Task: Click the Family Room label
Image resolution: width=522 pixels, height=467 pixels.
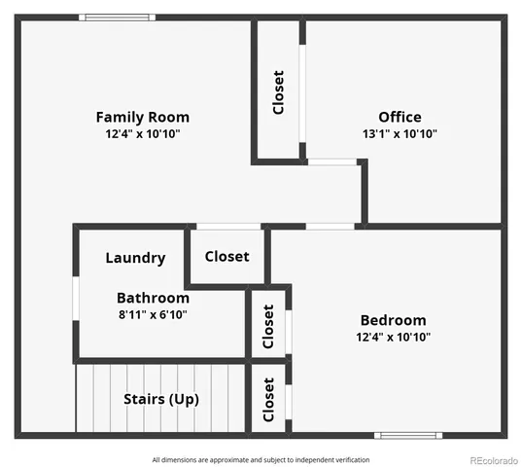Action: click(142, 117)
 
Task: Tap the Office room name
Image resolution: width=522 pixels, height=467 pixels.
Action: click(400, 117)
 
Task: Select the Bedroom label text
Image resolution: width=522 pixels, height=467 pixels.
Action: click(393, 320)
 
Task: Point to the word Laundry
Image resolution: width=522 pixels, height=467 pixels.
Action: click(135, 258)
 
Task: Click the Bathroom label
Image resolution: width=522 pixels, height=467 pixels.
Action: click(153, 298)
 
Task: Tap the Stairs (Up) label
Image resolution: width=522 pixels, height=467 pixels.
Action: click(161, 399)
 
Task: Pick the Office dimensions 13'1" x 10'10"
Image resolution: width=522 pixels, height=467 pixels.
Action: click(400, 133)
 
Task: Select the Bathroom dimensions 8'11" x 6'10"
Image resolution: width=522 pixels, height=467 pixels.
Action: click(153, 314)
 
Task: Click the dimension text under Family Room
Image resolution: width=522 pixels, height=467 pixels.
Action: click(142, 133)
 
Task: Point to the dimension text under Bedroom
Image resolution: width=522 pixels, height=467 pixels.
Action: click(393, 337)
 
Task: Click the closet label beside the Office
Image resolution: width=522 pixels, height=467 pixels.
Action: click(279, 92)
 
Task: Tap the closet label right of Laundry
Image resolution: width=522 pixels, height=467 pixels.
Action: click(226, 257)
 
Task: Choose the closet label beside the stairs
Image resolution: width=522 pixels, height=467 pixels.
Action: click(269, 398)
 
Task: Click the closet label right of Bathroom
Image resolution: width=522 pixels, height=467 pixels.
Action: click(269, 324)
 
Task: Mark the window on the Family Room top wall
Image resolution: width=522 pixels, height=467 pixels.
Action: click(117, 17)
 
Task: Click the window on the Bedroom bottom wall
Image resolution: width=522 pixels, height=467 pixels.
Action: click(408, 435)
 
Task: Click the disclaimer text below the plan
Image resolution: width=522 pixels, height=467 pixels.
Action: click(261, 459)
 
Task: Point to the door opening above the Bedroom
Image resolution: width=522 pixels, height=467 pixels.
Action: click(330, 227)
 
